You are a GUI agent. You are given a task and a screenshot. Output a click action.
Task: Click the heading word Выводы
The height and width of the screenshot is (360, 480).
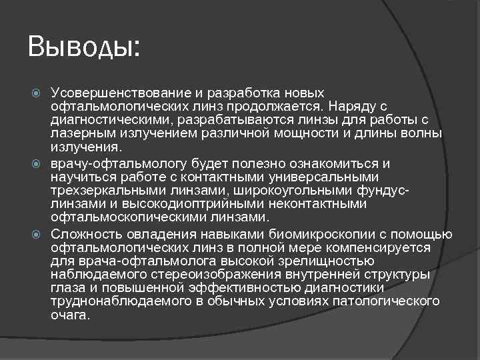[83, 47]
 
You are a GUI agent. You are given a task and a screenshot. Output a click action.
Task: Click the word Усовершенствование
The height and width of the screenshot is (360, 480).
[125, 93]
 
